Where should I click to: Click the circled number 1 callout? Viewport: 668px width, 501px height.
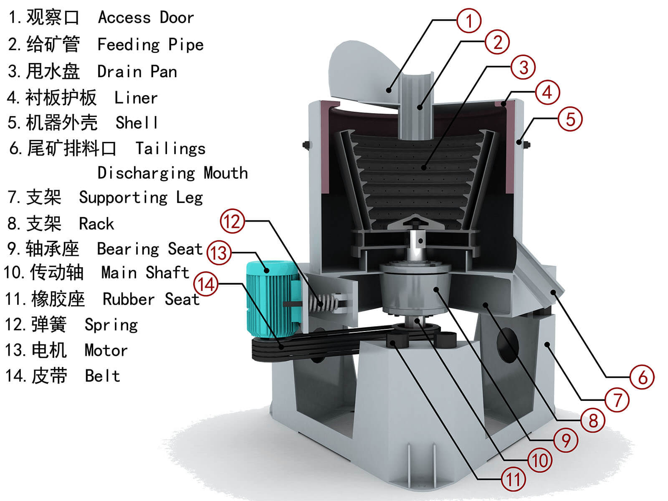[468, 20]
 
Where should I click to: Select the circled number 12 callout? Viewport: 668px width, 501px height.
[232, 221]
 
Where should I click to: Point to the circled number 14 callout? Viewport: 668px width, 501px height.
[206, 284]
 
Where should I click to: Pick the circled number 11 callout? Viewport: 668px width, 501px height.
[513, 479]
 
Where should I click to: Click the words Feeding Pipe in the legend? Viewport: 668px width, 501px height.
[150, 45]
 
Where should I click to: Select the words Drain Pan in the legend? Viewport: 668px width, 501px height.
[137, 72]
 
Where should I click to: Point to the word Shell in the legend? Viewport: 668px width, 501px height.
[137, 123]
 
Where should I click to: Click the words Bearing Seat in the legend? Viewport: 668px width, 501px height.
[149, 249]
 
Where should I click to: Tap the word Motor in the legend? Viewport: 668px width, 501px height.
[106, 350]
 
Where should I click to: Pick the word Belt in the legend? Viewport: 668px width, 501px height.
[102, 376]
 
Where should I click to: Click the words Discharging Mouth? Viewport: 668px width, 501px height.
[172, 173]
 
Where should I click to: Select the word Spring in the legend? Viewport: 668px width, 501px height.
[111, 325]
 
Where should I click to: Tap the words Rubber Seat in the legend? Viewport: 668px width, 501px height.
[151, 299]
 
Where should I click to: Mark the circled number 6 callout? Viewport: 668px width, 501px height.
[642, 377]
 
